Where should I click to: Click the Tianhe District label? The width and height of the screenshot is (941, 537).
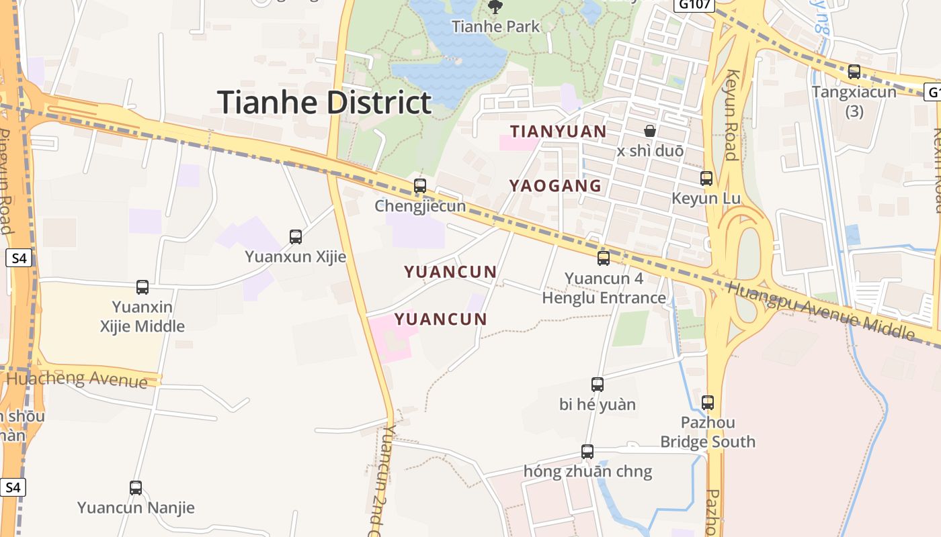[x=324, y=102]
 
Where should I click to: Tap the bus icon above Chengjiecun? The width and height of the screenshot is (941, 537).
[x=420, y=185]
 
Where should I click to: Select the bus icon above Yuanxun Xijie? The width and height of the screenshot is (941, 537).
[x=296, y=236]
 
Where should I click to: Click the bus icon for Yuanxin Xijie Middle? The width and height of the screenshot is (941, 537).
[x=142, y=287]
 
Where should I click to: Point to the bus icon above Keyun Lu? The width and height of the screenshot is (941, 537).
[x=706, y=178]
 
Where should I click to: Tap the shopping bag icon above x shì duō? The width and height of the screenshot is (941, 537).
[x=650, y=130]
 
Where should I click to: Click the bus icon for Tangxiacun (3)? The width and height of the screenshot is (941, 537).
[x=854, y=71]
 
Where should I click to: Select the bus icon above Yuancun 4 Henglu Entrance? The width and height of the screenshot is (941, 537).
[x=604, y=258]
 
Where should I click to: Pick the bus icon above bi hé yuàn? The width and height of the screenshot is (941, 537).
[x=598, y=384]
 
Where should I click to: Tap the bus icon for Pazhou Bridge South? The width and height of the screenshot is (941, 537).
[x=708, y=402]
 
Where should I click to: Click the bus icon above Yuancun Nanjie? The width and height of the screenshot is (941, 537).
[x=136, y=487]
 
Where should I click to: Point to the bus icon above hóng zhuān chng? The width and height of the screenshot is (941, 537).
[x=587, y=451]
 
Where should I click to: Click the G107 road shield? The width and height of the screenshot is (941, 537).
[x=692, y=5]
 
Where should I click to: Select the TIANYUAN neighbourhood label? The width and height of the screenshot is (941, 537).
[x=558, y=131]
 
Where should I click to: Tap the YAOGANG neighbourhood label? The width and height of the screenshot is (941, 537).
[x=555, y=186]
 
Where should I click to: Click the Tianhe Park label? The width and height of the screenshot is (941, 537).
[x=496, y=27]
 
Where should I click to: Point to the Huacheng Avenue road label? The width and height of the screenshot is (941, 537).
[x=77, y=379]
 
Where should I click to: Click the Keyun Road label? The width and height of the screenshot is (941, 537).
[x=731, y=115]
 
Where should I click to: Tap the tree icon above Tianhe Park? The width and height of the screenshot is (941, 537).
[x=495, y=7]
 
